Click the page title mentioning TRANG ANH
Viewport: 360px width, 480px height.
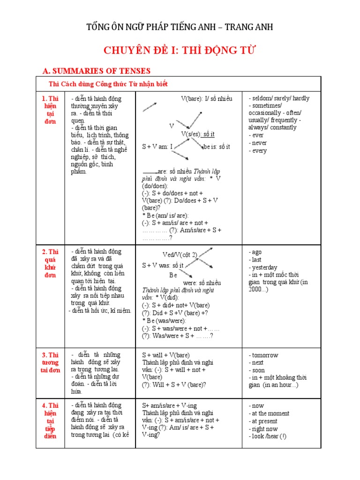click(180, 27)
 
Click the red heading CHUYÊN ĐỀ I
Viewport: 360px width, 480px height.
click(180, 51)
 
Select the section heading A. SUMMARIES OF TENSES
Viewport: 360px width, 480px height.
click(96, 71)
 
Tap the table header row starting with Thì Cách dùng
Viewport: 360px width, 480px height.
click(108, 84)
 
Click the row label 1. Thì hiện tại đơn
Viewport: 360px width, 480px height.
click(50, 110)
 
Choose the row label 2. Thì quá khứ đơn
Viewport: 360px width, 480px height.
click(50, 263)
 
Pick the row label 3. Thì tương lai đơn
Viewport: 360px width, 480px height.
click(50, 362)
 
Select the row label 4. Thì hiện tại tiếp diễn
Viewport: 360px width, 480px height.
click(50, 420)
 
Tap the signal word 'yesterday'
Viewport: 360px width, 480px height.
click(264, 267)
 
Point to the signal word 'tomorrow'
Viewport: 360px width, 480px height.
click(264, 355)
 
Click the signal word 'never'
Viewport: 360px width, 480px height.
click(259, 143)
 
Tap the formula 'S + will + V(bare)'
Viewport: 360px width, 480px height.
click(166, 355)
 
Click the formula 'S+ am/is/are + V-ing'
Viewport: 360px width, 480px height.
click(170, 405)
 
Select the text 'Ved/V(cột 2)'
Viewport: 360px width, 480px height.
click(180, 255)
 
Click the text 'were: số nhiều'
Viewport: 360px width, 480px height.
click(202, 283)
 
